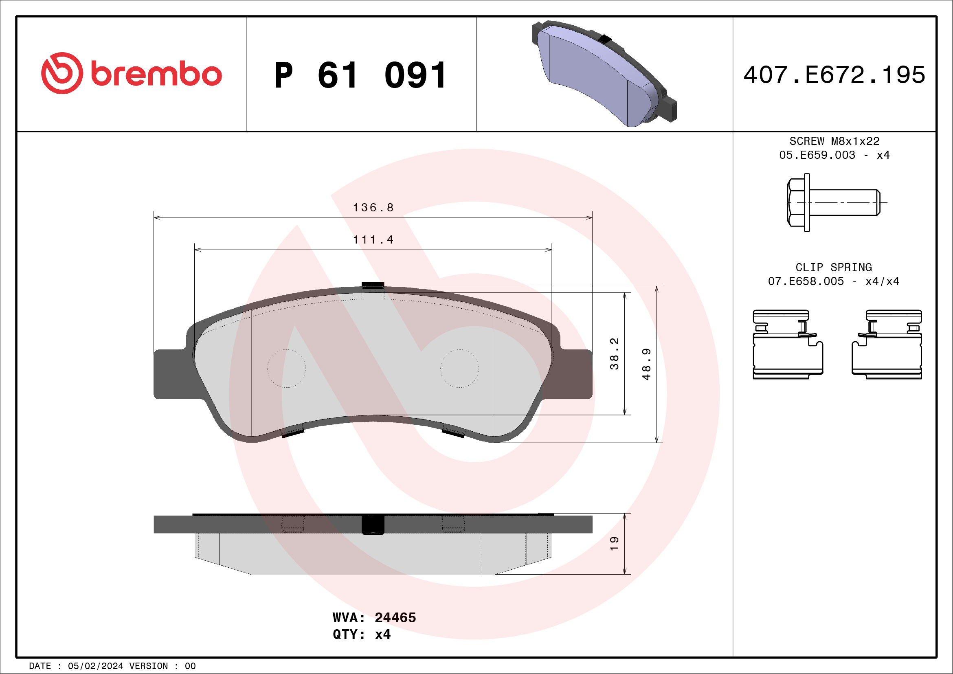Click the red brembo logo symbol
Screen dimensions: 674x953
(62, 73)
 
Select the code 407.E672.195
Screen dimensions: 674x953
(834, 75)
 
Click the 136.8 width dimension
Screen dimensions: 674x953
(373, 208)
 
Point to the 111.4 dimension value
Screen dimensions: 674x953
(373, 240)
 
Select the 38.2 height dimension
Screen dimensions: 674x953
(614, 353)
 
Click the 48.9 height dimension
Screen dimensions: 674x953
(646, 364)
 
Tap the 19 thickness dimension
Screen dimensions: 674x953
(614, 543)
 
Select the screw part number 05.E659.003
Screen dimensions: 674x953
(817, 155)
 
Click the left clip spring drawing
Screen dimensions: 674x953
(787, 344)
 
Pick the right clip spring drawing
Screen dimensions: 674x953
(887, 344)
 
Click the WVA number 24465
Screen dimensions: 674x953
(395, 617)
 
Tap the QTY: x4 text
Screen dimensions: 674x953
(361, 634)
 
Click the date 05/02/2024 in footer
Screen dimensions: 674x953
(95, 666)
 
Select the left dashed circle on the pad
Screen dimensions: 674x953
(286, 369)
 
